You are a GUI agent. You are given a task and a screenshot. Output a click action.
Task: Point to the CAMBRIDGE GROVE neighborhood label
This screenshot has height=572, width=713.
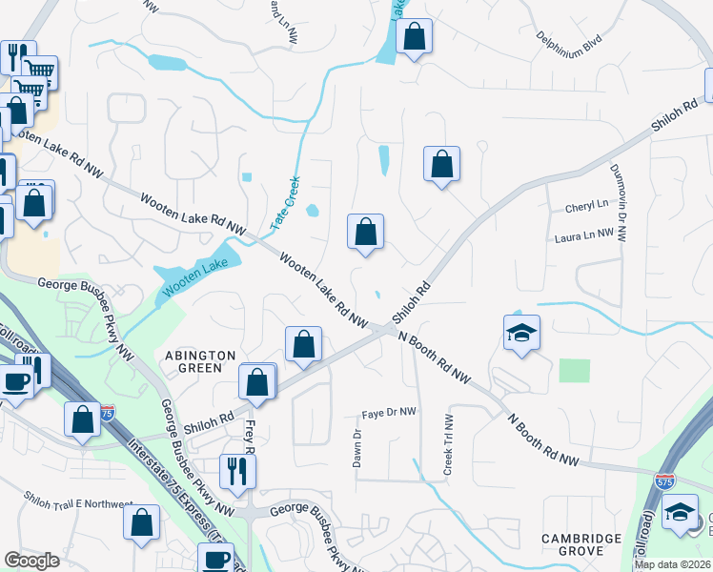pos(587,544)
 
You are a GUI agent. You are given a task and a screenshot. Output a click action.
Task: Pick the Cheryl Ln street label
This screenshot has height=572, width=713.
pos(585,205)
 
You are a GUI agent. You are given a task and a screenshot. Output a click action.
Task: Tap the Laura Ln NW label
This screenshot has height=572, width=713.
pos(584,236)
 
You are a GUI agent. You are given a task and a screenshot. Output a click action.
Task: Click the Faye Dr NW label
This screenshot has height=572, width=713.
pos(389,413)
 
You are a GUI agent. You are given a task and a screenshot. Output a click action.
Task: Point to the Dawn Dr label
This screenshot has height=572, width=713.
pos(357,445)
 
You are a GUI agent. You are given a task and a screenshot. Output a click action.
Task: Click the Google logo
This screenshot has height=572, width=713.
pos(31,561)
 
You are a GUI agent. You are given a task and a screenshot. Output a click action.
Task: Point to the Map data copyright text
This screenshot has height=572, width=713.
pos(671,564)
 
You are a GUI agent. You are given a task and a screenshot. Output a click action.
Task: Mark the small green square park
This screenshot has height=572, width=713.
pos(574,370)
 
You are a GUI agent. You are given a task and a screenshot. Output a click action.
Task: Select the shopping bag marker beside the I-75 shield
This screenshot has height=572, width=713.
pos(82,419)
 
